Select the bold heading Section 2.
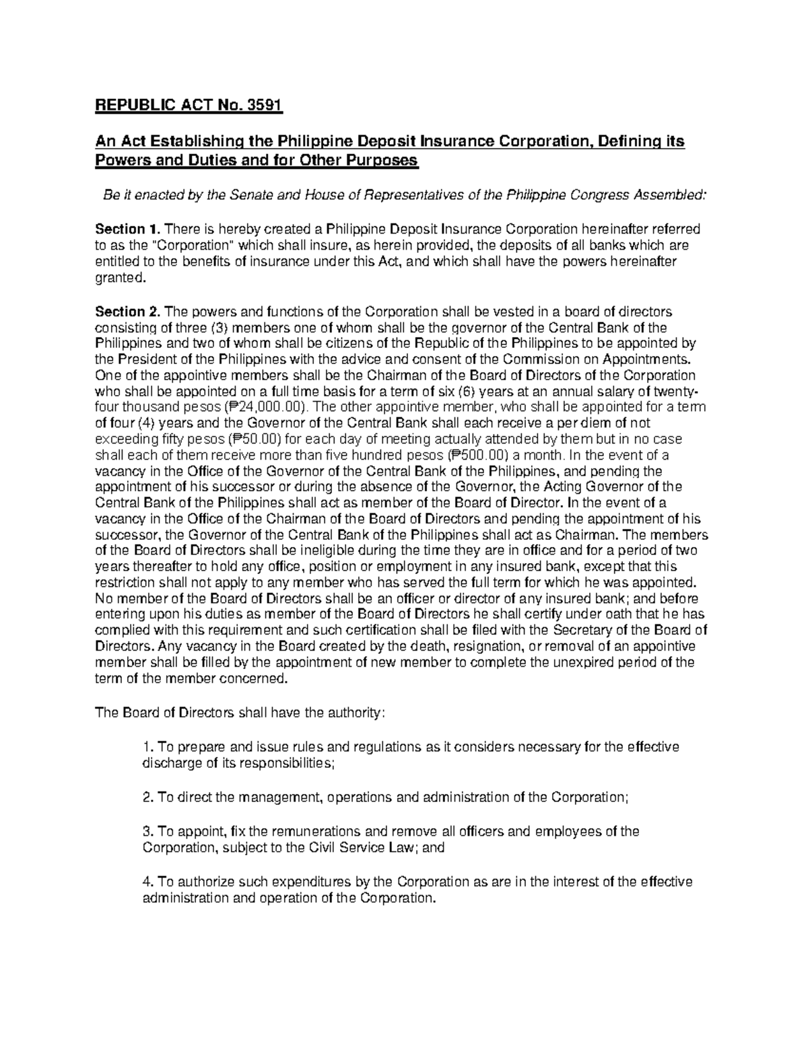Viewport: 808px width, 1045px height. [x=128, y=312]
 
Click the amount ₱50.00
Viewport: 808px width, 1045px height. [x=255, y=439]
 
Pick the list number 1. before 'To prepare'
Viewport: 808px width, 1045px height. [x=149, y=748]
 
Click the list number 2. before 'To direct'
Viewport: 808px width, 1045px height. [x=149, y=798]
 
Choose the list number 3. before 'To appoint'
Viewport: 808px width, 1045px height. [x=149, y=832]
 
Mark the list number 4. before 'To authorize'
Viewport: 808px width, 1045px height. [x=149, y=882]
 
